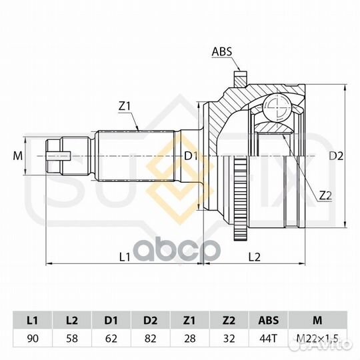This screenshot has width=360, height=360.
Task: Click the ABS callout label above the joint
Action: [222, 51]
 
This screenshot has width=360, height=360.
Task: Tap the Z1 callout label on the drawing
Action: [125, 106]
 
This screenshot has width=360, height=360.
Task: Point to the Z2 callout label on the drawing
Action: [325, 195]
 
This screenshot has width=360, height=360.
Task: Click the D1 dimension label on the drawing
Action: [191, 157]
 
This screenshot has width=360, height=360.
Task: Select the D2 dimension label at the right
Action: [336, 156]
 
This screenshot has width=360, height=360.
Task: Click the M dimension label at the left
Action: [18, 156]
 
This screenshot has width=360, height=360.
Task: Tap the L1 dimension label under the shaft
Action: [125, 257]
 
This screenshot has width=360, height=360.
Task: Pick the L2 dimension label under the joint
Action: [255, 257]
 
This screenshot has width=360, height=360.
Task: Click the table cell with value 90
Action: [33, 339]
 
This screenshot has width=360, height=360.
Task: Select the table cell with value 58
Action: [72, 339]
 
